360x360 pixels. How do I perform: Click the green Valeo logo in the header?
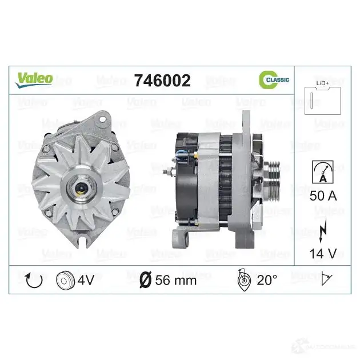34,80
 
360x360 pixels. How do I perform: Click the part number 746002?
162,81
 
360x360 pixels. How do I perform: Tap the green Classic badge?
274,79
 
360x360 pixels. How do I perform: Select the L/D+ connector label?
322,83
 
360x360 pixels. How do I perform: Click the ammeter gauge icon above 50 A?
323,172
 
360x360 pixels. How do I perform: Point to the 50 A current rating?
323,196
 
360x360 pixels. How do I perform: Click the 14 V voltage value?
323,254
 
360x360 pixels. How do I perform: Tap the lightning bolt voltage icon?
323,230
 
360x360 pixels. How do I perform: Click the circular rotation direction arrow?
34,281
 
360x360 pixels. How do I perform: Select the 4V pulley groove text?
86,280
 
